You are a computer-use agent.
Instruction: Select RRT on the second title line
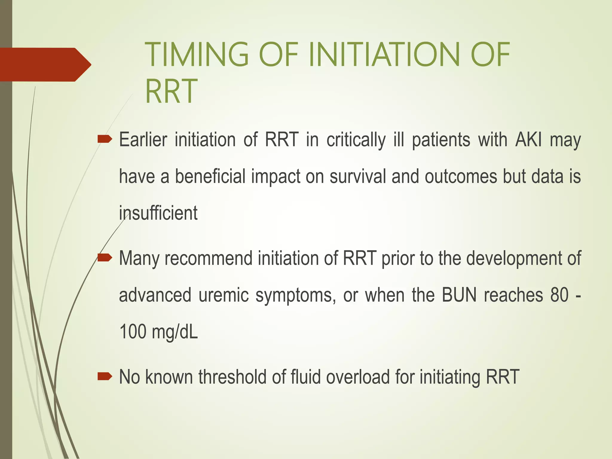pos(171,91)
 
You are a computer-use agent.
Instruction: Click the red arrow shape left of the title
pos(45,65)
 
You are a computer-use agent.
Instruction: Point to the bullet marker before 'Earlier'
pos(105,139)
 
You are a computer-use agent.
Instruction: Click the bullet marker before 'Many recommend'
pos(105,257)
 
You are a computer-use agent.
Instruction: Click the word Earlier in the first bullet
pos(143,140)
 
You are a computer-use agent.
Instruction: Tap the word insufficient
pos(158,213)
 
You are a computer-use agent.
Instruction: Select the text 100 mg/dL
pos(158,332)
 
